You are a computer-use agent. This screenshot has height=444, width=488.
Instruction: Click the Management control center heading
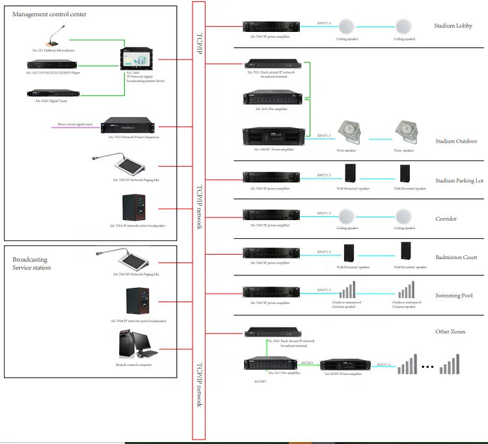click(49, 14)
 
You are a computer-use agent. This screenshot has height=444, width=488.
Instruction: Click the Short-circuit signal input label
click(75, 124)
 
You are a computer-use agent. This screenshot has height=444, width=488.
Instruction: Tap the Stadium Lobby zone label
click(453, 27)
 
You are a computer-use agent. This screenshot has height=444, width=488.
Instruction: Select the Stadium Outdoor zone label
click(456, 141)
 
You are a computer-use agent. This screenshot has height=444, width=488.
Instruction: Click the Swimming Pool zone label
click(454, 296)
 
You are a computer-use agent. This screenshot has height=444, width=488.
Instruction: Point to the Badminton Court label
click(456, 257)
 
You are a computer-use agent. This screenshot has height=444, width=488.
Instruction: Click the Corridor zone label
click(446, 219)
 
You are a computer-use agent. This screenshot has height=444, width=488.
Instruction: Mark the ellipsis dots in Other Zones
click(427, 367)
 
